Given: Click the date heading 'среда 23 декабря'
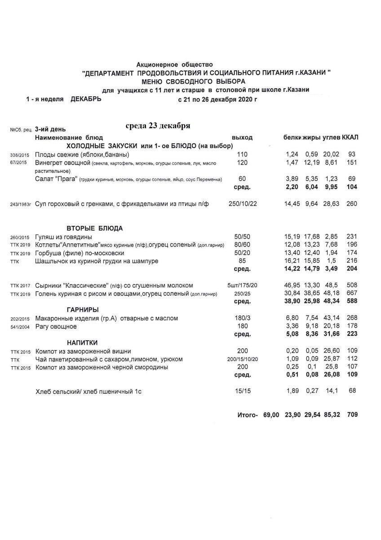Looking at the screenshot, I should click(x=158, y=126).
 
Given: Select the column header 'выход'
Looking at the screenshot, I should click(x=242, y=137).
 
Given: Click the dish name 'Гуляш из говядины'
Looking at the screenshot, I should click(x=64, y=237).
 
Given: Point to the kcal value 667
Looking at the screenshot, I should click(x=352, y=293).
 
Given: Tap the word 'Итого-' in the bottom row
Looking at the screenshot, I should click(x=247, y=415).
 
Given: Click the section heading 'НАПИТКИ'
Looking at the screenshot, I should click(x=83, y=342).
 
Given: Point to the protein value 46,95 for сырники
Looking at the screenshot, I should click(x=292, y=285).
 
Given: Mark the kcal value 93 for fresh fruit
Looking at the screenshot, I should click(x=352, y=154).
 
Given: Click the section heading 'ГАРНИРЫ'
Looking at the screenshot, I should click(x=83, y=310).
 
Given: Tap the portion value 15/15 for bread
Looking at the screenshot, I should click(x=242, y=391).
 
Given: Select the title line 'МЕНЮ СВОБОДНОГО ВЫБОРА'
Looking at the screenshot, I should click(x=194, y=81).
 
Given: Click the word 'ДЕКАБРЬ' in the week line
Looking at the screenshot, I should click(x=86, y=99).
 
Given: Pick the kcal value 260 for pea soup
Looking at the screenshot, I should click(x=352, y=204).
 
